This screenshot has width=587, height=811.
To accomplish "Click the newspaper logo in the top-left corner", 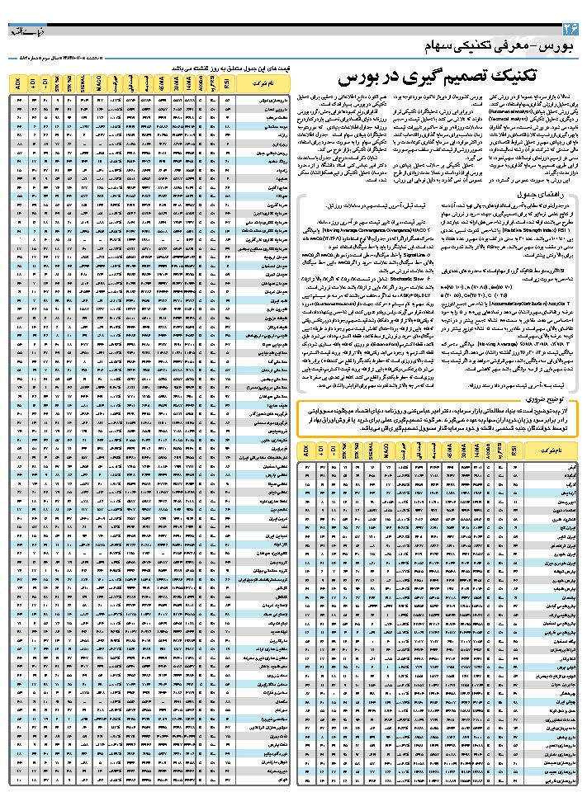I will click(21, 32).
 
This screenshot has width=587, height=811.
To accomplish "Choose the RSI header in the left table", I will click(227, 83).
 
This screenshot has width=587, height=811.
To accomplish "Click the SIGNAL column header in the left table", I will click(85, 83).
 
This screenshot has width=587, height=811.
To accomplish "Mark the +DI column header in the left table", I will click(33, 83).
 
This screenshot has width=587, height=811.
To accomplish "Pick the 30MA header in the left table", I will click(177, 83).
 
